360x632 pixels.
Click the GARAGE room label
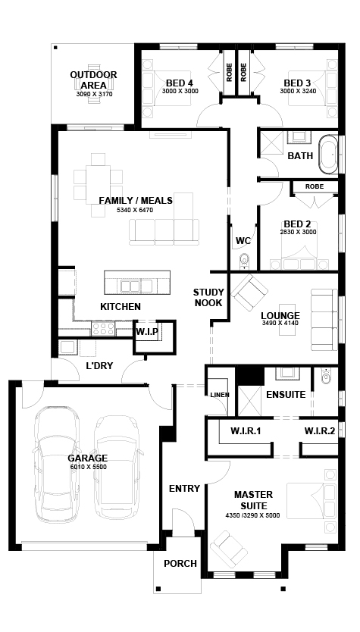click(87, 458)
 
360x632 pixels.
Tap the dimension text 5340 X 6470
click(135, 210)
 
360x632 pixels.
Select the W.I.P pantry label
click(146, 332)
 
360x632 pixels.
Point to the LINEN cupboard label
click(220, 395)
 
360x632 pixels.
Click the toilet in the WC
click(245, 261)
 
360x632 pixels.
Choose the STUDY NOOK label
click(208, 298)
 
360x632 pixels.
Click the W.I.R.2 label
click(320, 431)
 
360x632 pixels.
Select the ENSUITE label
click(286, 395)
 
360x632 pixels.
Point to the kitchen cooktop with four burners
click(103, 329)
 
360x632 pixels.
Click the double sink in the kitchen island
click(130, 286)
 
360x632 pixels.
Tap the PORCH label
click(180, 564)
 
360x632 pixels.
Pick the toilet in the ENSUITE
click(326, 376)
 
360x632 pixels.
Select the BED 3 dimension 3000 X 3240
click(298, 91)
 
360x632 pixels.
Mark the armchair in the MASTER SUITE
click(228, 549)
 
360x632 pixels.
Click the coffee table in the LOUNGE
click(287, 320)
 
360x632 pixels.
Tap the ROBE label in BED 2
click(315, 186)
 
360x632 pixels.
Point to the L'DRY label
click(99, 366)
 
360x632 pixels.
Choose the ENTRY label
click(184, 489)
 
